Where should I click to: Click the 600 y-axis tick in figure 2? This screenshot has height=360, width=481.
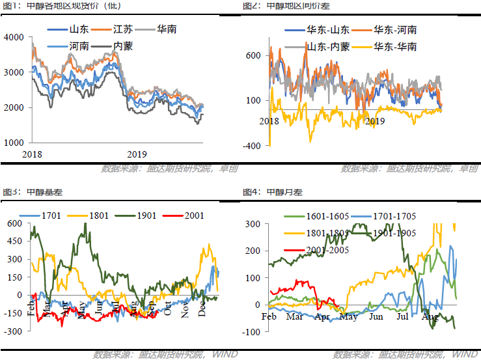pyautogui.click(x=253, y=55)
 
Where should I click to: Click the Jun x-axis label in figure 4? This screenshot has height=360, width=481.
pyautogui.click(x=376, y=317)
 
